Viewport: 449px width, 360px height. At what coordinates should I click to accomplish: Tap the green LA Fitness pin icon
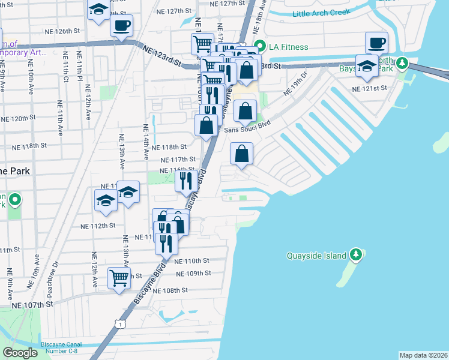260,46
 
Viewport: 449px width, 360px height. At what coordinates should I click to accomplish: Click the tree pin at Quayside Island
356,255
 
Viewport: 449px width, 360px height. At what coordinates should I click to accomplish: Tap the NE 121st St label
369,88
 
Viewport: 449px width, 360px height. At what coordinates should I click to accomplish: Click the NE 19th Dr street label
295,83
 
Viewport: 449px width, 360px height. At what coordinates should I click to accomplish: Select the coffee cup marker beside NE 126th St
121,26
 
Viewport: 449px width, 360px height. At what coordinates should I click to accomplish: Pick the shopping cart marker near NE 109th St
119,278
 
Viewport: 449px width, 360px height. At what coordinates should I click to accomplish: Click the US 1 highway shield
121,324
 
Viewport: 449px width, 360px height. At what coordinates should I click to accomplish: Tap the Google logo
20,352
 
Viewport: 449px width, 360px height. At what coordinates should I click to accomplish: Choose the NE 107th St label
32,305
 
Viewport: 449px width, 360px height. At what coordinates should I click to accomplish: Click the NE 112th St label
97,226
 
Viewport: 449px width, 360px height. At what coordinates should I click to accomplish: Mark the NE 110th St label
191,261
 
